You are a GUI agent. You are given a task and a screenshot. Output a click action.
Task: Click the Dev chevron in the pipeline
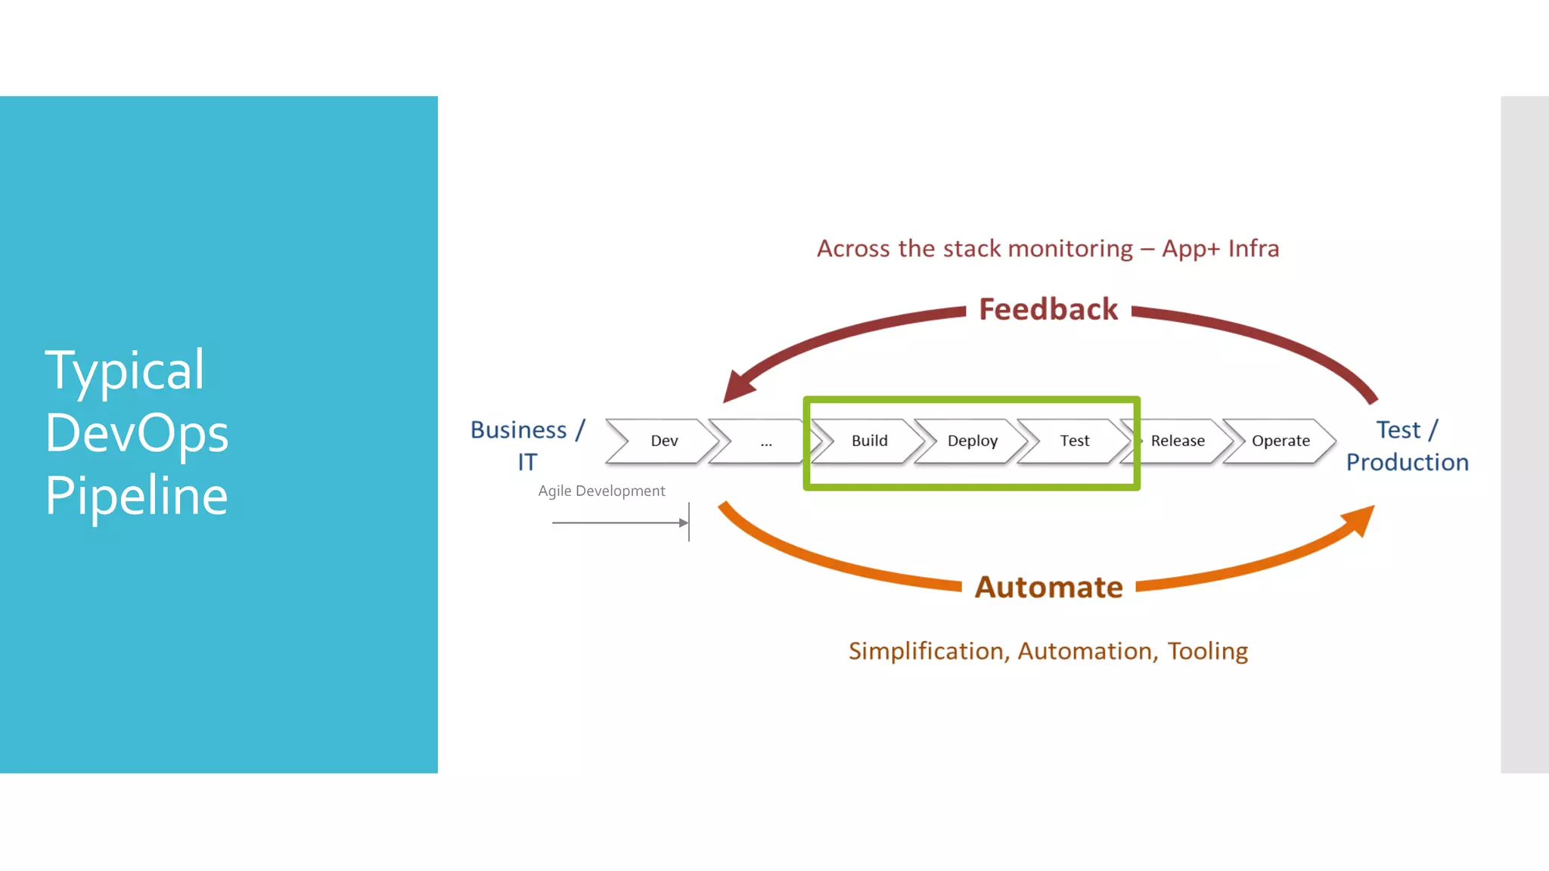663,441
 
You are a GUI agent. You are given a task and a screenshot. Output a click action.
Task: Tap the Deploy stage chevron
972,441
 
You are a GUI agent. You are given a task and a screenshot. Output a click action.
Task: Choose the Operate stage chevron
1280,441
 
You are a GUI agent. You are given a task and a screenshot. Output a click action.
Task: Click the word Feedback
1048,309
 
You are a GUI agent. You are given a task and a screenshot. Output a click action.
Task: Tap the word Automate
1048,587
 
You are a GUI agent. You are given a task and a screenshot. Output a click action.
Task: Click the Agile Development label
601,491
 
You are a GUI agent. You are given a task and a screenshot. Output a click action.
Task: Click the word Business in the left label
518,429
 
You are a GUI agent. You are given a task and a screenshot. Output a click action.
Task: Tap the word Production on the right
1407,462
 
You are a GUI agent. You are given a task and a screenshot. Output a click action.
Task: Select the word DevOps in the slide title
137,433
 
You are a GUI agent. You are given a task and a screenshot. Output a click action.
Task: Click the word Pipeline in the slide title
137,496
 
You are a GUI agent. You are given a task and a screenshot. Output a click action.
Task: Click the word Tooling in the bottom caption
1207,651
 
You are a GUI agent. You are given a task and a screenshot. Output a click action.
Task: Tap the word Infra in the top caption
1253,249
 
